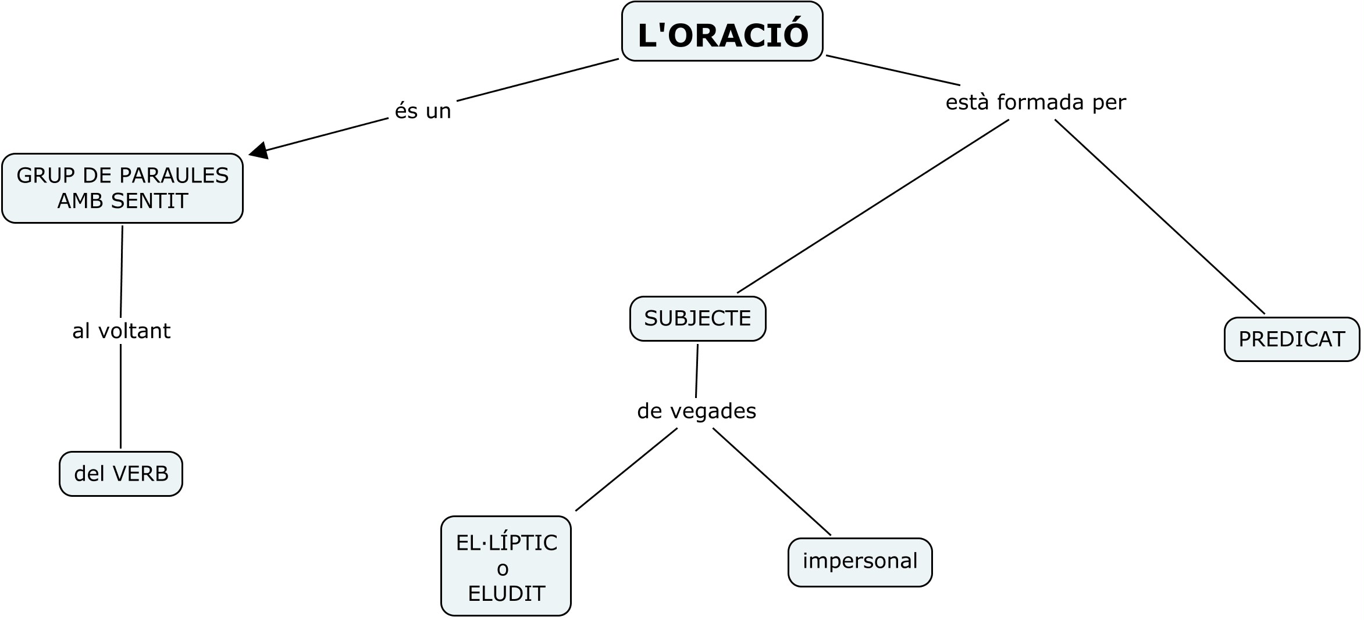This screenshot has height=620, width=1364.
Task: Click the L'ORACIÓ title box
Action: tap(722, 32)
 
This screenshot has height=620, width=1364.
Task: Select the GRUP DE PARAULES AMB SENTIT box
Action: tap(122, 188)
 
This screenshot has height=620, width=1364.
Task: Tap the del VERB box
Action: tap(121, 474)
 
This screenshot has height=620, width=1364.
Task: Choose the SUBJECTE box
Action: tap(697, 318)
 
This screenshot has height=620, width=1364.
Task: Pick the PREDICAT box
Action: tap(1291, 339)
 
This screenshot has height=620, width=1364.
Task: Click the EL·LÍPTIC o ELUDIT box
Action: tap(506, 566)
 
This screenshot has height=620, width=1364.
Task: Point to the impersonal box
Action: tap(860, 561)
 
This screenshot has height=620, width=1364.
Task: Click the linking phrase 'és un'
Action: tap(423, 111)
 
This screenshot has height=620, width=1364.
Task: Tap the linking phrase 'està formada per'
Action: tap(1035, 103)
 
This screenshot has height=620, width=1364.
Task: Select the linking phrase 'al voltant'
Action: tap(121, 331)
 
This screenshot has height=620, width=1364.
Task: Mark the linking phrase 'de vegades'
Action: tap(696, 411)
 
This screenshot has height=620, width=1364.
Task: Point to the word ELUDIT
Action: tap(506, 594)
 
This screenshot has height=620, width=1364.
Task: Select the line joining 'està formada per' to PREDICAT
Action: tap(1159, 216)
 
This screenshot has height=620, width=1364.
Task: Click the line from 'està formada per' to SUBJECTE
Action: tap(872, 206)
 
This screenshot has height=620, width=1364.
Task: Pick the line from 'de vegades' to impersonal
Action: tap(772, 482)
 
